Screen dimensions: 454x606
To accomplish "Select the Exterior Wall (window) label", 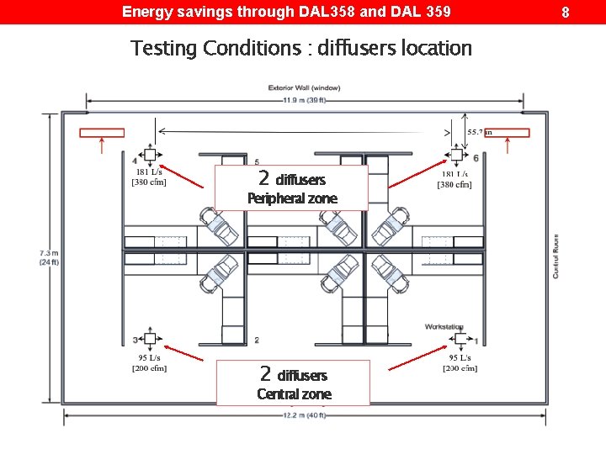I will (x=304, y=88).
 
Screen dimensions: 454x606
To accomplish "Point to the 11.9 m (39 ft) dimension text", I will (x=304, y=101).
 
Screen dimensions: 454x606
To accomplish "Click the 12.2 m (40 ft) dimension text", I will (x=304, y=415).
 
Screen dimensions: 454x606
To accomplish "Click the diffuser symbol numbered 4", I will (x=150, y=155).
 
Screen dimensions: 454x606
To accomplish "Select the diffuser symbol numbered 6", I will (x=457, y=155).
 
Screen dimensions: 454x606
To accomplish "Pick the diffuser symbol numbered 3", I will (x=150, y=339).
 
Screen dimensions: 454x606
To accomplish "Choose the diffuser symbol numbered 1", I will (x=460, y=339).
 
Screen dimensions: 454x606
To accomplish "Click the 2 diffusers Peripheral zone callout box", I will (x=291, y=187).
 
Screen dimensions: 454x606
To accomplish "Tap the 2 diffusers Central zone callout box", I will (x=293, y=383).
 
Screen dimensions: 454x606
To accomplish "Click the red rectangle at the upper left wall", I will (x=102, y=132).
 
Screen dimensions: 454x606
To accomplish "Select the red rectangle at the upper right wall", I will (x=507, y=132).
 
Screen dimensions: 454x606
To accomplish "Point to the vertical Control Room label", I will (x=555, y=256).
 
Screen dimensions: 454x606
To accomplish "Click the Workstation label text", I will (x=444, y=326).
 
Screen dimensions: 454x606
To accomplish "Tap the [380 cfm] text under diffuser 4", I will (x=149, y=182).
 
